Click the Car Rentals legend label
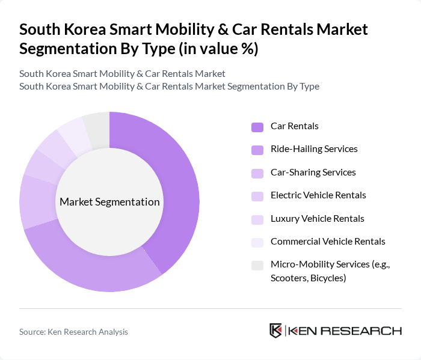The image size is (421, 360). click(x=294, y=126)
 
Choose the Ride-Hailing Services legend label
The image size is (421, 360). click(x=313, y=149)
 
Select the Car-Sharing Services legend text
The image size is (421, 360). click(x=313, y=172)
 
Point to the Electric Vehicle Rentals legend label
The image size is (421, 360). click(x=318, y=195)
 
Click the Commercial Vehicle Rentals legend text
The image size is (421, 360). click(x=328, y=242)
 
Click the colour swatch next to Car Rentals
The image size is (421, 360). click(x=257, y=127)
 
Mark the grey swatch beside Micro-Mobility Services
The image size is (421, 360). click(x=257, y=265)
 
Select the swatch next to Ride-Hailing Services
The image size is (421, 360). click(x=257, y=150)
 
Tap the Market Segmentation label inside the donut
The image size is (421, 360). click(x=109, y=202)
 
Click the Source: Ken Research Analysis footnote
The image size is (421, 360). click(x=73, y=332)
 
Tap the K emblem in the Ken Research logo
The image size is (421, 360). click(x=276, y=331)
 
